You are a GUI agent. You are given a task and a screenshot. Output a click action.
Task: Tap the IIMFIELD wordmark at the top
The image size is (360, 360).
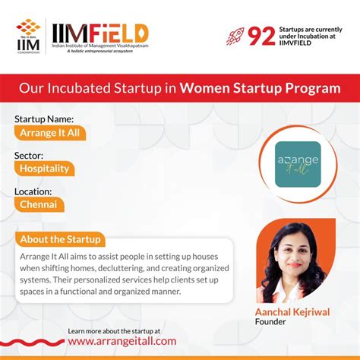coord(99,32)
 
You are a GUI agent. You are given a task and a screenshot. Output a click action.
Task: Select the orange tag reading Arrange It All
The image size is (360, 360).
coord(50,133)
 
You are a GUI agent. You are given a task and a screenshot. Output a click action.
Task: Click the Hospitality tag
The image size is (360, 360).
coord(46,169)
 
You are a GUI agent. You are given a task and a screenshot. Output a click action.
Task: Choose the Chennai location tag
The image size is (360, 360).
coord(39,204)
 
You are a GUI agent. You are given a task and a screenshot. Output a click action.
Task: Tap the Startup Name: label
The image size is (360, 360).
coord(44,119)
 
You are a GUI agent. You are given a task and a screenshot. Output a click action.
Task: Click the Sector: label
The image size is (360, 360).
coord(30,155)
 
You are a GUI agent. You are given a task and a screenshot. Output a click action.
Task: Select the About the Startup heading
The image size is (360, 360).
coord(61,239)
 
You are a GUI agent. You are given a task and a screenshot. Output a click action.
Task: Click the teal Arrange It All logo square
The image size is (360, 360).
coord(297,162)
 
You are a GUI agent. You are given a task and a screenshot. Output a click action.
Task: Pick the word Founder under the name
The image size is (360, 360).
coord(271,321)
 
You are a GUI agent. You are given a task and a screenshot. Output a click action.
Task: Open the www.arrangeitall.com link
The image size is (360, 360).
coord(122,342)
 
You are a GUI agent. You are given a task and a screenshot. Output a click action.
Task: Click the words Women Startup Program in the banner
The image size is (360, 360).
coord(259,89)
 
